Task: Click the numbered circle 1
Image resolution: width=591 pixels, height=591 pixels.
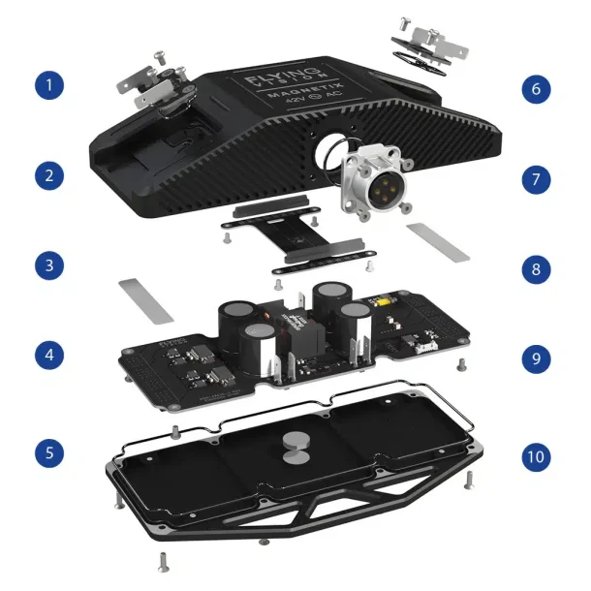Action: pos(50,86)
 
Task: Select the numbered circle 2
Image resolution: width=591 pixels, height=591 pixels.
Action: pos(50,176)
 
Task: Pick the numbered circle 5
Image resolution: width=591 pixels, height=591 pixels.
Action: pos(50,451)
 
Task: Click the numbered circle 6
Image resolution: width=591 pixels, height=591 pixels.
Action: pos(535,90)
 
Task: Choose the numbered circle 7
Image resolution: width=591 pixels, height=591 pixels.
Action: pos(535,179)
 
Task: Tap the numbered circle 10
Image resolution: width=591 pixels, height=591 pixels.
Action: pos(535,455)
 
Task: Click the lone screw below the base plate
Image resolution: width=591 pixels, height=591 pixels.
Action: pos(161,559)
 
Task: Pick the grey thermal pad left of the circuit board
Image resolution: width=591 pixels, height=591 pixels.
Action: pos(145,299)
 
